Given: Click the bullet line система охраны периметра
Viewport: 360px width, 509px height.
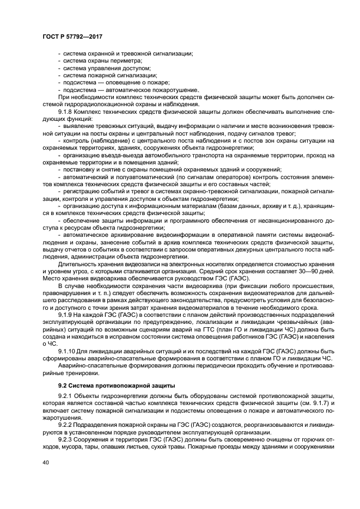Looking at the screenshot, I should pyautogui.click(x=95, y=61).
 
